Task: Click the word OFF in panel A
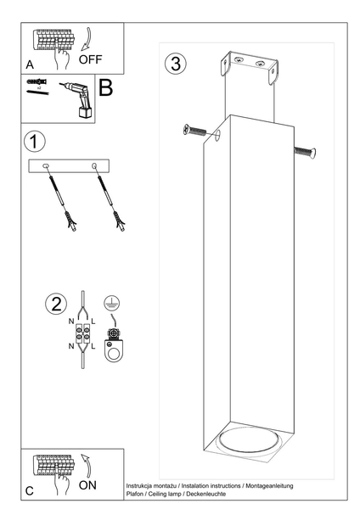pos(91,60)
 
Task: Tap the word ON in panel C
pos(88,485)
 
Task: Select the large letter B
pos(106,88)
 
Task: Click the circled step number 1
pos(34,140)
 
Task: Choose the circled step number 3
pos(175,64)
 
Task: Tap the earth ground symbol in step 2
pos(109,300)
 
